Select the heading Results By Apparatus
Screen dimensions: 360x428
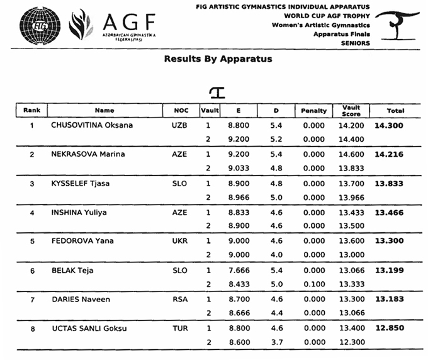(218, 59)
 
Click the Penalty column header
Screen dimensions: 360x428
(314, 111)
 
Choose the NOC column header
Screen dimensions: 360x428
(179, 111)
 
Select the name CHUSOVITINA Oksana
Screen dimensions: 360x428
(92, 125)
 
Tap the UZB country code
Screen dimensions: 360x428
(179, 125)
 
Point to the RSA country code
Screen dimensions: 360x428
(179, 299)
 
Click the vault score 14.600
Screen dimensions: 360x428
(351, 154)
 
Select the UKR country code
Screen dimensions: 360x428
(179, 241)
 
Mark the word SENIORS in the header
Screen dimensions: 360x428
(356, 43)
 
